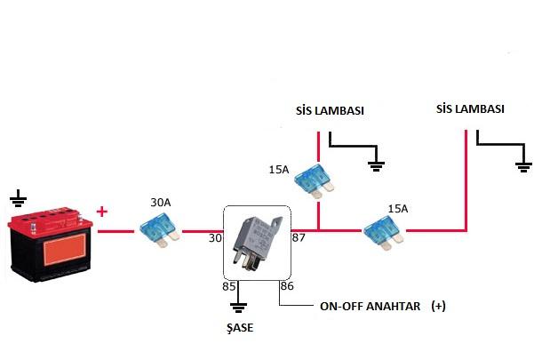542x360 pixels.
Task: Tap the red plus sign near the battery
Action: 102,212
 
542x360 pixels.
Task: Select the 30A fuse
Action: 159,232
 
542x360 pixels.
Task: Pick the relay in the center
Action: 255,238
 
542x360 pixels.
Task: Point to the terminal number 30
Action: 214,238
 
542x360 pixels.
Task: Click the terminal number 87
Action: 298,238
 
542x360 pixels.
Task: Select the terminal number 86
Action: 286,286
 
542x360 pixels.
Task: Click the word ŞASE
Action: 239,328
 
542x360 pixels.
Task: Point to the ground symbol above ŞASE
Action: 238,308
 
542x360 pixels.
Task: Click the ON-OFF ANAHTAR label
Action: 368,306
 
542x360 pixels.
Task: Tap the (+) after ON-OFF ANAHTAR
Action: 437,306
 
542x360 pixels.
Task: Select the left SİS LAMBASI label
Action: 331,112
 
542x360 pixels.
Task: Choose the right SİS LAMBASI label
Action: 471,109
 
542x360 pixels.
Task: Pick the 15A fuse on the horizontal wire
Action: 386,233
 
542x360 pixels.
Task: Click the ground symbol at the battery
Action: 19,196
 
